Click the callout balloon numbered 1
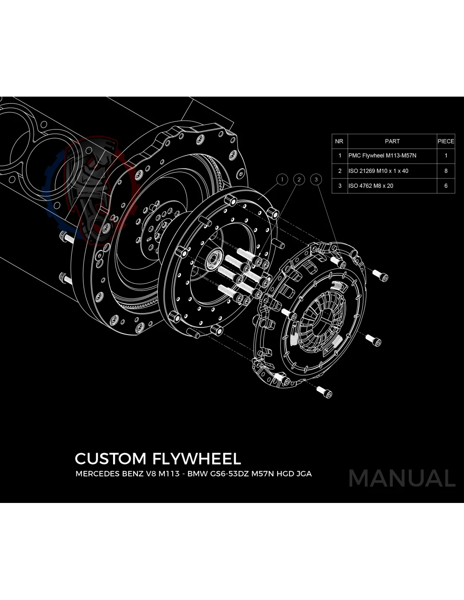[x=282, y=179]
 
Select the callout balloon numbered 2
[x=299, y=179]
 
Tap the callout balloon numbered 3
[x=316, y=179]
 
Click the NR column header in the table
[x=339, y=141]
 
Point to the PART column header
[x=392, y=141]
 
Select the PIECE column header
[x=446, y=141]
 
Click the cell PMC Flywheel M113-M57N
[x=382, y=156]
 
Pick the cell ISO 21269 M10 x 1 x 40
[x=378, y=171]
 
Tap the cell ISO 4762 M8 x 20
[x=371, y=186]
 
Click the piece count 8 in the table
[x=446, y=171]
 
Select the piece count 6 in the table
[x=446, y=186]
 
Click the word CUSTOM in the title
[x=111, y=459]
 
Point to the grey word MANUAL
[x=402, y=478]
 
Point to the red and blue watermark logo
[x=91, y=190]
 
